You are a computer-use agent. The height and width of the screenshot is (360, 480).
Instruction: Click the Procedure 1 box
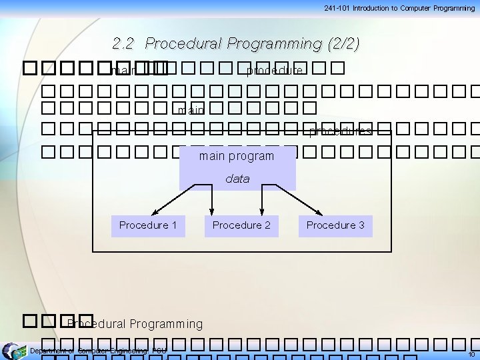(148, 225)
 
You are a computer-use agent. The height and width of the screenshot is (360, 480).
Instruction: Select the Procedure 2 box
(241, 225)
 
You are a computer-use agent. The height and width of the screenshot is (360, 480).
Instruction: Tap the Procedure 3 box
(335, 225)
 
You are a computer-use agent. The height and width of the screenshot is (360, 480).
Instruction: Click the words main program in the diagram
(237, 157)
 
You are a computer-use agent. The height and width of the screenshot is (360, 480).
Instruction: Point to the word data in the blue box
(237, 179)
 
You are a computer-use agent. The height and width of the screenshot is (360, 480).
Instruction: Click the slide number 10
(471, 354)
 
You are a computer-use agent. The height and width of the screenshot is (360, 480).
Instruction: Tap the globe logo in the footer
(11, 351)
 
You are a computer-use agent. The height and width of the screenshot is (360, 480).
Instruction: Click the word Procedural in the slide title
(184, 44)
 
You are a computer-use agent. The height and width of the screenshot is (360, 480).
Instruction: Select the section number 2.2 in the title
(124, 44)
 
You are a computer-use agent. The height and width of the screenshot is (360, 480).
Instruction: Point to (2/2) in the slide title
(343, 44)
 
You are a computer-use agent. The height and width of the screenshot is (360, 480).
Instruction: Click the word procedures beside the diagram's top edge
(341, 131)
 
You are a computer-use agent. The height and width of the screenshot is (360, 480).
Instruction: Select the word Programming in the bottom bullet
(166, 324)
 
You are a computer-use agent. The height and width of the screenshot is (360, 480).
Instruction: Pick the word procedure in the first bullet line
(275, 70)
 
